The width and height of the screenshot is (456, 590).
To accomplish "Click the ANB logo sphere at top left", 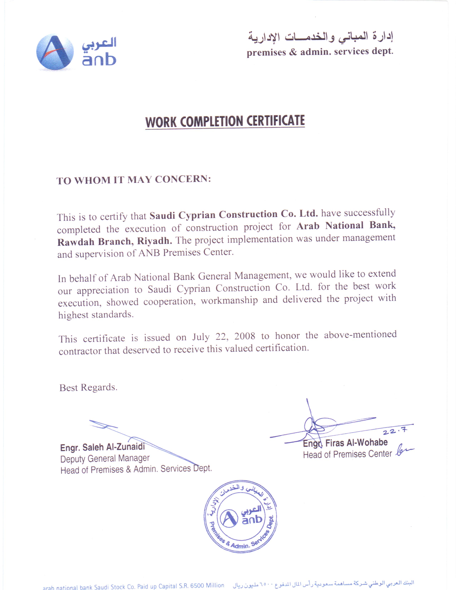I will click(55, 52).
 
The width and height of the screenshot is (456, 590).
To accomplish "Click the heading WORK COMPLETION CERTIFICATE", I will click(225, 122).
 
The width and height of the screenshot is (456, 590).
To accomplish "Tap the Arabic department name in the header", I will click(320, 37).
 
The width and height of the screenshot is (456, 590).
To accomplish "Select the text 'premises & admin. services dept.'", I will click(320, 52).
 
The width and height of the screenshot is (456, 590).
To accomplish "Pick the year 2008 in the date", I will click(244, 336).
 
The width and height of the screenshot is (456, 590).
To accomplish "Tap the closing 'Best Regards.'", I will click(88, 387).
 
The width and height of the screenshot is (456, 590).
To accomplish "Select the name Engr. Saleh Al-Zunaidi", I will click(103, 447).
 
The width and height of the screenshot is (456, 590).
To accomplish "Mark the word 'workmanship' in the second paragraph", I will click(229, 300).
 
